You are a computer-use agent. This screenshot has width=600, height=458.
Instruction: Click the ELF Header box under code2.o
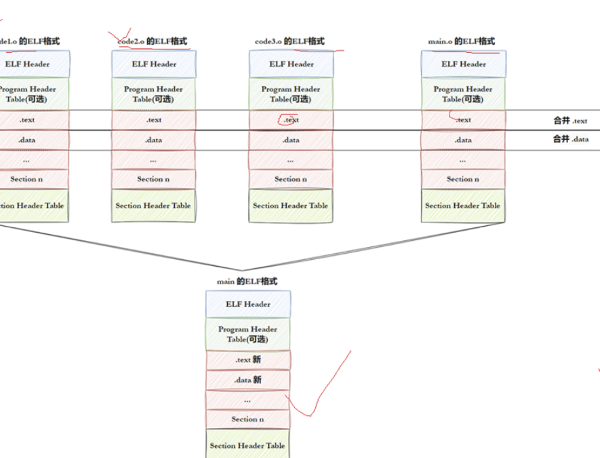coord(154,64)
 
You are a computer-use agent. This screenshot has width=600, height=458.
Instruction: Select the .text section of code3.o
coord(291,120)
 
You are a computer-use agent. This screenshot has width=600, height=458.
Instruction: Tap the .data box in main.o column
coord(463,140)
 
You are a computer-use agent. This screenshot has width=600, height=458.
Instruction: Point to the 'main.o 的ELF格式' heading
coord(461,41)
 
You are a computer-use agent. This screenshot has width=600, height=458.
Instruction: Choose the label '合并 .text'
coord(570,121)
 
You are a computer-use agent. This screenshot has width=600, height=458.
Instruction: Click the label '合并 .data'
coord(570,140)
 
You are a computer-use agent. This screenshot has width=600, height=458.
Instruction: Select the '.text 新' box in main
coord(248,360)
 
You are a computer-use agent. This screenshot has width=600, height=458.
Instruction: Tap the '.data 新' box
coord(248,380)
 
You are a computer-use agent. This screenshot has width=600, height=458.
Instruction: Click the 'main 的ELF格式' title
coord(247,281)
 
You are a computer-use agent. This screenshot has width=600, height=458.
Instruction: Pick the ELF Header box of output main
coord(248,304)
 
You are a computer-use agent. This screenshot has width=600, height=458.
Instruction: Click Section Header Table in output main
coord(247,446)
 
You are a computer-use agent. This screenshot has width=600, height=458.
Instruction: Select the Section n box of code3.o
coord(291,179)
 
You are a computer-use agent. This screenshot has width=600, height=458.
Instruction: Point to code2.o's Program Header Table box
coord(154,94)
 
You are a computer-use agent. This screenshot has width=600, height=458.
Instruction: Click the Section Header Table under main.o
coord(463,206)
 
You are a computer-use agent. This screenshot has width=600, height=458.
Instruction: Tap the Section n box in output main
coord(248,419)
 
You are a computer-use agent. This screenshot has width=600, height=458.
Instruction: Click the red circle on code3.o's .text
coord(287,119)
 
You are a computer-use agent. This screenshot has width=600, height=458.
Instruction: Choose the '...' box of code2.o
coord(154,160)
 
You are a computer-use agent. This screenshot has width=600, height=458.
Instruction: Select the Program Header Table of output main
coord(248,334)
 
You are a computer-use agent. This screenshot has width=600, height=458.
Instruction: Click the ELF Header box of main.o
coord(463,64)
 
